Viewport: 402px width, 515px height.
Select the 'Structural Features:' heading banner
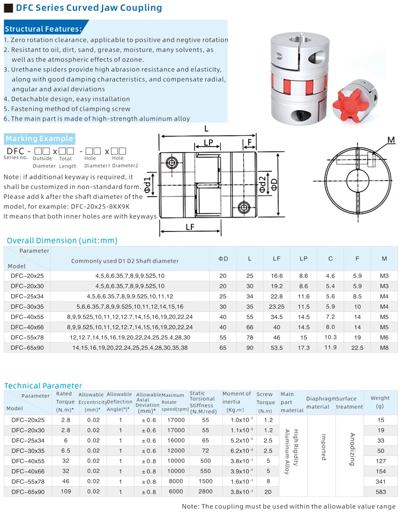coord(43,29)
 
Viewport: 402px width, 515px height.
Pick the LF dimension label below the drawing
coord(190,227)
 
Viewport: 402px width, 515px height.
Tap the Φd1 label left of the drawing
coord(154,182)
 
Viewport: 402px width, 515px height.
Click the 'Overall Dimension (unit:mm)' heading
coord(62,241)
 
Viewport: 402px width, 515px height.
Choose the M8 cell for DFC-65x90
coord(384,348)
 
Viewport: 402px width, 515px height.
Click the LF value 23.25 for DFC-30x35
coord(277,307)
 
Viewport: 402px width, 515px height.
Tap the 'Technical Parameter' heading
coord(43,386)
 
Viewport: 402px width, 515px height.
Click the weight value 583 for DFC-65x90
coord(380,491)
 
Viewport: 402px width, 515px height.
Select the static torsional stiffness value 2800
coord(205,491)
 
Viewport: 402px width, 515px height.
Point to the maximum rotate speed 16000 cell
coord(176,440)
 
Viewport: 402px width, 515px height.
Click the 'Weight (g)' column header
coord(380,402)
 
